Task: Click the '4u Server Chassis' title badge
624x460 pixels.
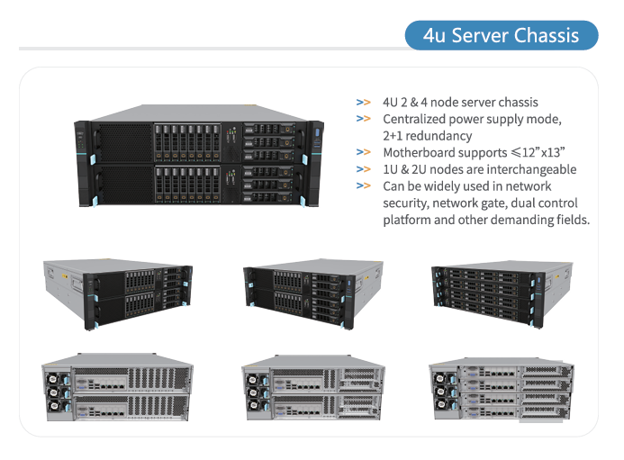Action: click(x=501, y=35)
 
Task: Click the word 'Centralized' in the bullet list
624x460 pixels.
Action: click(x=414, y=119)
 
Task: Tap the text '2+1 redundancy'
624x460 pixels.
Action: click(x=427, y=136)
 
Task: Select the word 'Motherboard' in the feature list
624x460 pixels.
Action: click(x=420, y=152)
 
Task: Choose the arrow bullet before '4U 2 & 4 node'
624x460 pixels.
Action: click(x=363, y=102)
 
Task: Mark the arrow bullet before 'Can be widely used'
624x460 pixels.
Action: click(x=363, y=186)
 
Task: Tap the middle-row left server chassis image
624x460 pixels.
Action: click(x=117, y=293)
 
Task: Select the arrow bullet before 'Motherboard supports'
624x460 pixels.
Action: click(x=363, y=152)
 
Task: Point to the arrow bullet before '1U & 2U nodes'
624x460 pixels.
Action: click(x=363, y=169)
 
